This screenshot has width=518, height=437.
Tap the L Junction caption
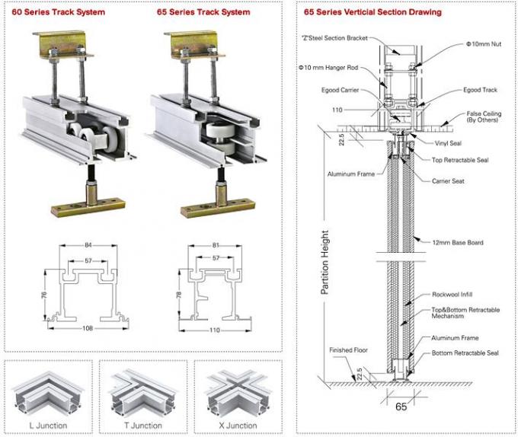click(x=47, y=425)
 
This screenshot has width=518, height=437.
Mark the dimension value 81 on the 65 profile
click(x=217, y=246)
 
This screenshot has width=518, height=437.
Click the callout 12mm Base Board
click(x=457, y=242)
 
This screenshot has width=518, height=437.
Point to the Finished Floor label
click(x=348, y=351)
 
